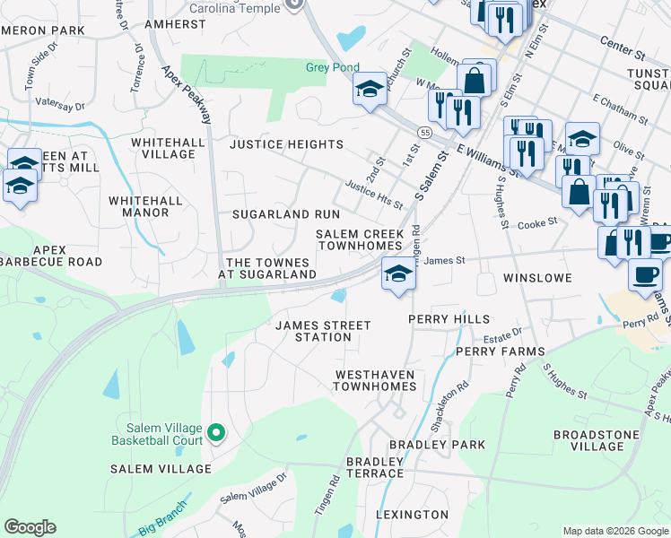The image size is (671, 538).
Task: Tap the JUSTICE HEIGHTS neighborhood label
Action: click(x=286, y=144)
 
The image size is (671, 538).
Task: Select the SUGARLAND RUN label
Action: click(x=286, y=214)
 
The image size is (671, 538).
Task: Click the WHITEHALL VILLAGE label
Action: click(x=163, y=148)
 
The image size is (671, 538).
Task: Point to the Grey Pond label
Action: click(x=332, y=67)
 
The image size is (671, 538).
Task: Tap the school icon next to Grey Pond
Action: click(x=369, y=89)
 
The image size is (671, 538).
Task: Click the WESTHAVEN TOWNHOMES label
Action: click(x=375, y=379)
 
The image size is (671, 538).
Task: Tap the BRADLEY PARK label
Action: click(x=437, y=445)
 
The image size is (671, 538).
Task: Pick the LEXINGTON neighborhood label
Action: click(x=412, y=515)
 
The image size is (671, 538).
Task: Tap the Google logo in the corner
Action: click(x=30, y=527)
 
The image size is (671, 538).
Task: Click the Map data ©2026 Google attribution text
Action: click(x=614, y=531)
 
